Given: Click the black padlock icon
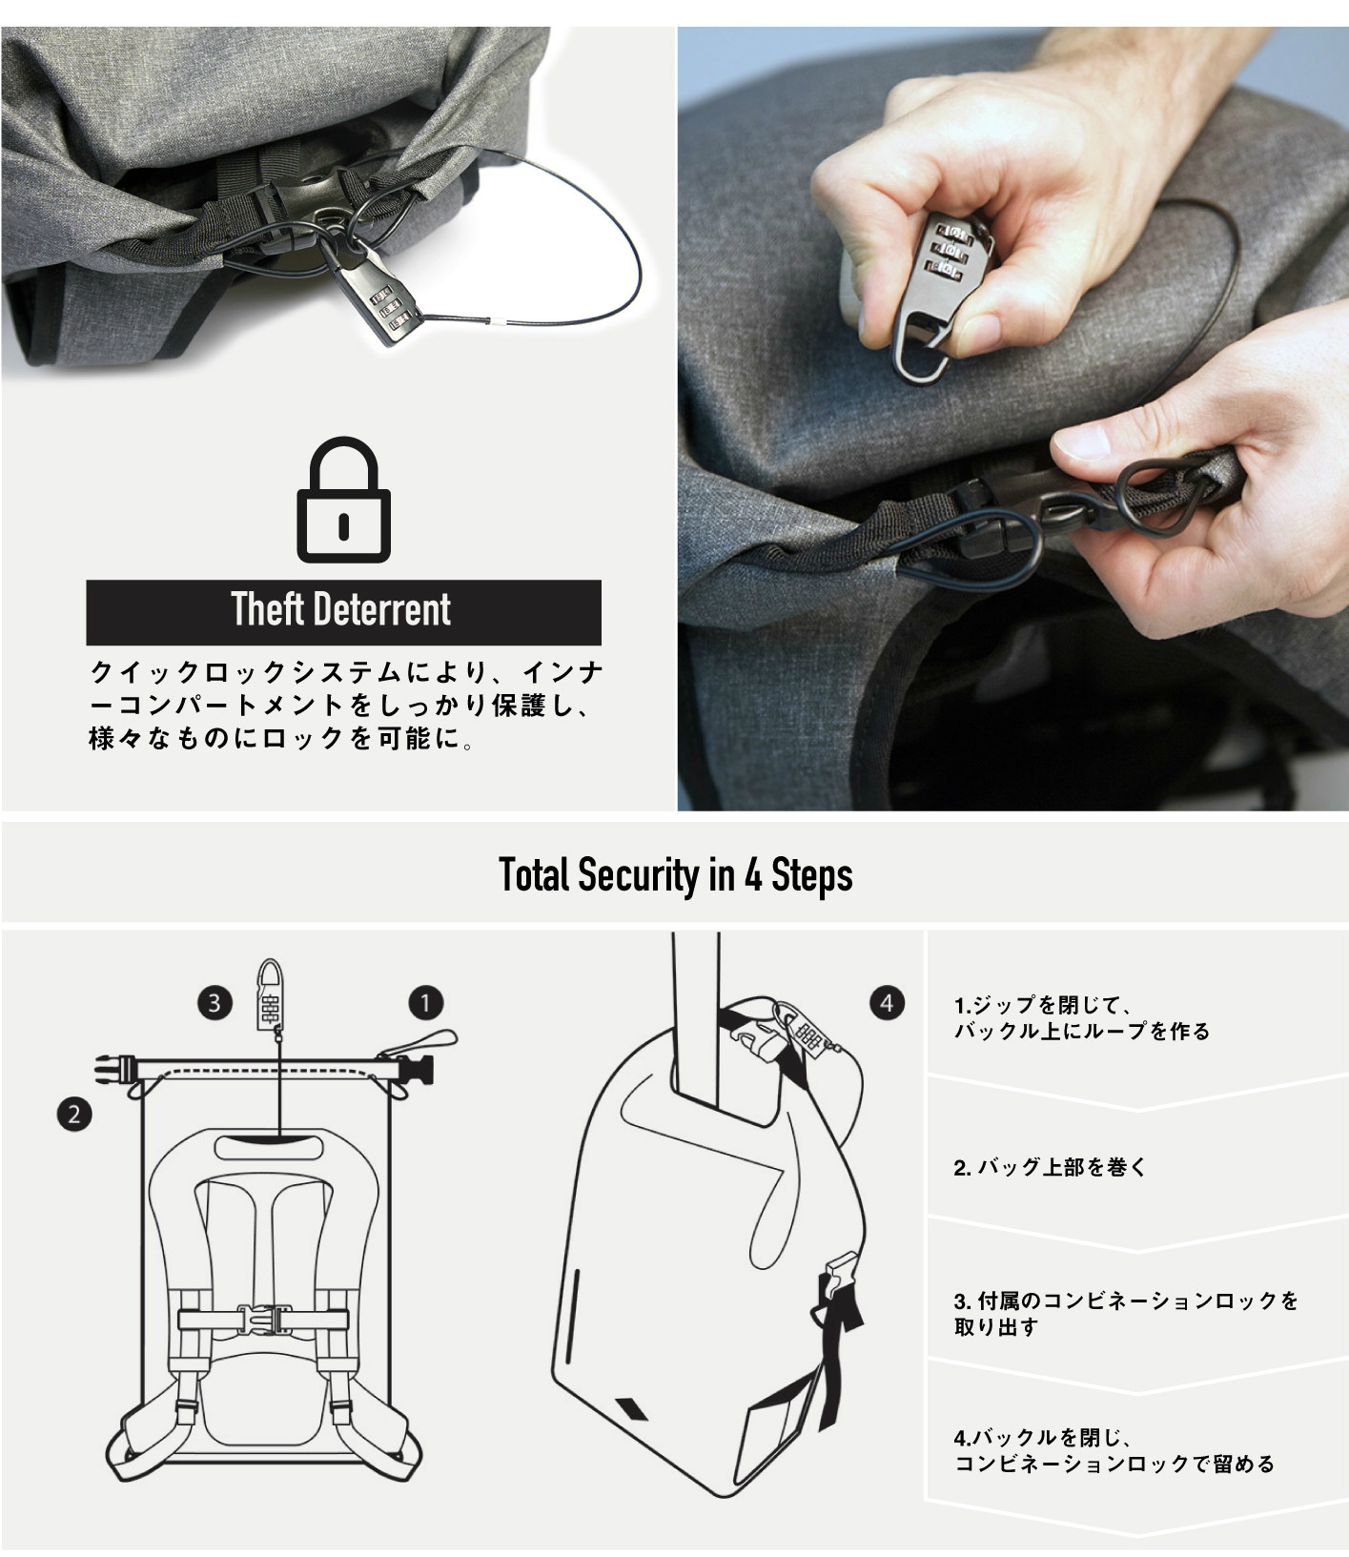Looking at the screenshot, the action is tap(343, 500).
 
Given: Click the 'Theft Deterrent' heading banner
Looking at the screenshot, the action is tap(343, 612).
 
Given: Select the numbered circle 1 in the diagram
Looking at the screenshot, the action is tap(425, 1003).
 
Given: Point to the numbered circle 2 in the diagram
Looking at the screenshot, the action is tap(74, 1114).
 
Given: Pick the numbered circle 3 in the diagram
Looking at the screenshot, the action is tap(215, 1003).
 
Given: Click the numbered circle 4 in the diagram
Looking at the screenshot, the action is tap(887, 1003).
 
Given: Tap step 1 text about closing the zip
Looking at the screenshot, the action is tap(1081, 1017).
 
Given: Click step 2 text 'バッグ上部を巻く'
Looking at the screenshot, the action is tap(1050, 1167).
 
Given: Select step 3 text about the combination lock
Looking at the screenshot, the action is tap(1126, 1313).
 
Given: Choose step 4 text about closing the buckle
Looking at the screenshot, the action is tap(1114, 1450).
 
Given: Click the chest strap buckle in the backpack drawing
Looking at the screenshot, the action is tap(263, 1321).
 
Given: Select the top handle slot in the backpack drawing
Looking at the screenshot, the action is tap(281, 1145).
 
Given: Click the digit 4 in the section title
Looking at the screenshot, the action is tap(752, 875).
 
